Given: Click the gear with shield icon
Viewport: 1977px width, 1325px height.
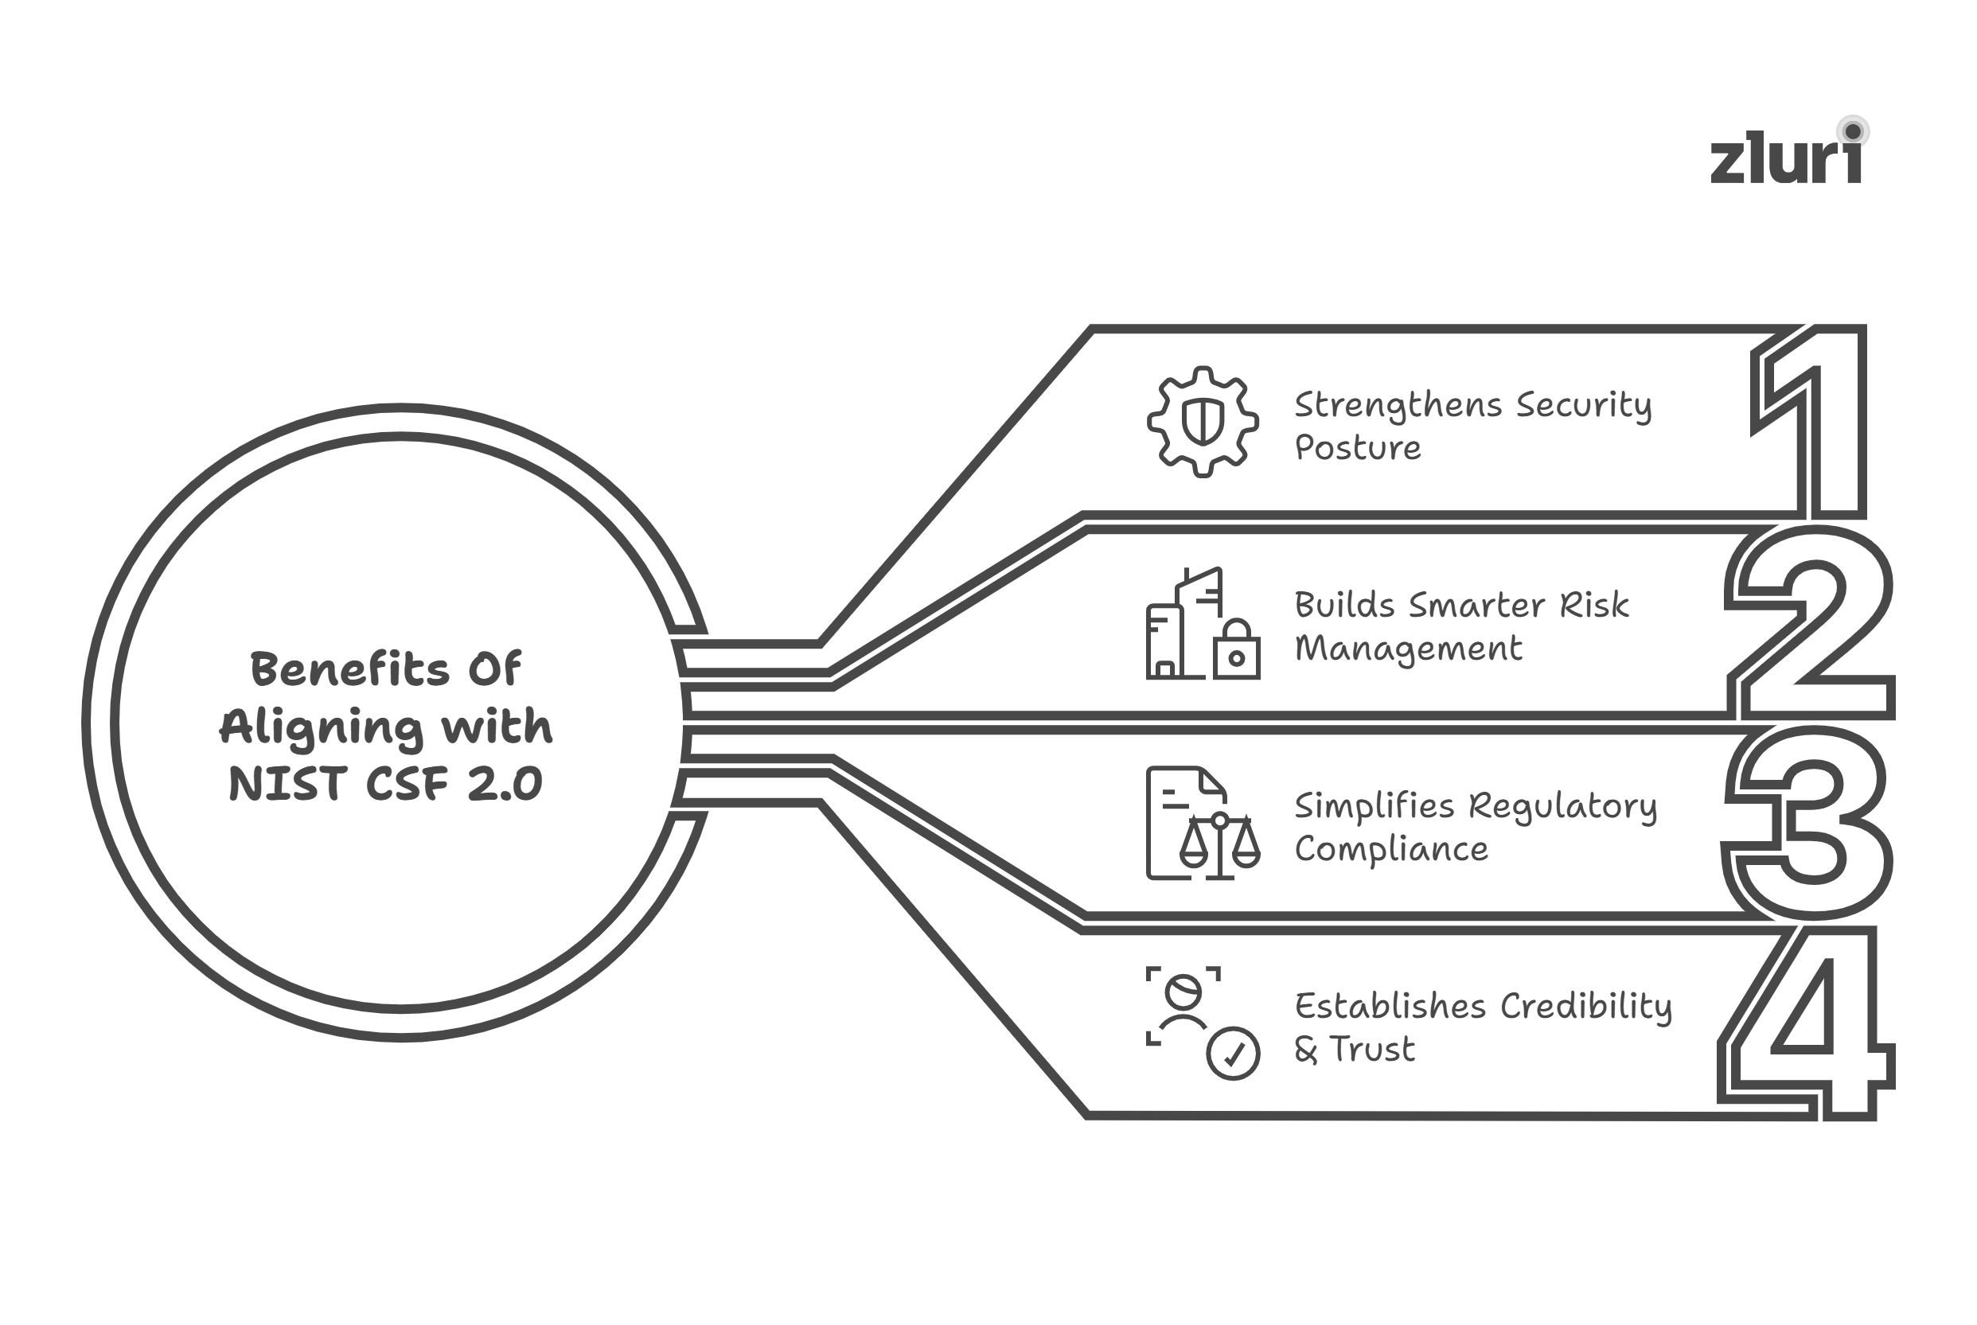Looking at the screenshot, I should click(1203, 422).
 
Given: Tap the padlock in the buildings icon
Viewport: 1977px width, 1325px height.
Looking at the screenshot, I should click(1236, 652).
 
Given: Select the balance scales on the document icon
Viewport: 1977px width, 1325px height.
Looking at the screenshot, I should click(1220, 844).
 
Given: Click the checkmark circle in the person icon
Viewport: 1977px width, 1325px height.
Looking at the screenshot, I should click(1233, 1054).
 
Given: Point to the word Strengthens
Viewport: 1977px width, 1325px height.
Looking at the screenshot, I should click(1398, 407).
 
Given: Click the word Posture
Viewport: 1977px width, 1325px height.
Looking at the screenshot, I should click(1358, 448).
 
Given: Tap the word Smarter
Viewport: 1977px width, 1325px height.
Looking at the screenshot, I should click(1478, 606).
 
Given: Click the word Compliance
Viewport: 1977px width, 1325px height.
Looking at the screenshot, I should click(1391, 849).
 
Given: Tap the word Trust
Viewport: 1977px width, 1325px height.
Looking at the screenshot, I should click(1372, 1050).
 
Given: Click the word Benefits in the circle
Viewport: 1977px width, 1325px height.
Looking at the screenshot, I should click(349, 670).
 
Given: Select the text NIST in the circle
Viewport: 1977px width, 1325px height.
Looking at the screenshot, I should click(287, 784).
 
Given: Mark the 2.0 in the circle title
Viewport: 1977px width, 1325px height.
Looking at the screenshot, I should click(505, 784).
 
